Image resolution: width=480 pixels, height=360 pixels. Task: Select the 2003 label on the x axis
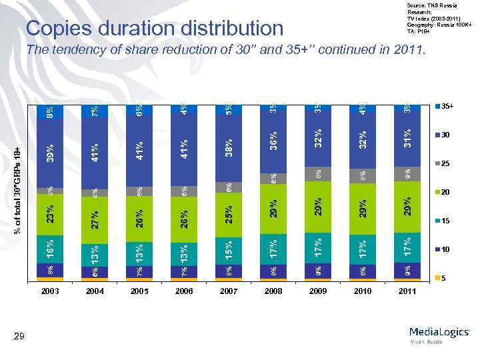(x=50, y=291)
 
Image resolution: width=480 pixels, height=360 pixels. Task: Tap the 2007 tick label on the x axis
(x=228, y=291)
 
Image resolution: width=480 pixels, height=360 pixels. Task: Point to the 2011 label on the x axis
(x=406, y=291)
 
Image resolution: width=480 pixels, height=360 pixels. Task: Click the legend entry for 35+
(x=445, y=106)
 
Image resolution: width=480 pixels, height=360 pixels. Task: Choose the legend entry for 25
(x=445, y=163)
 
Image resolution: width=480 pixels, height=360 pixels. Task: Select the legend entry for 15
(x=445, y=221)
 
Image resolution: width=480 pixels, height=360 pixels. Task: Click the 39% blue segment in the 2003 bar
(x=50, y=152)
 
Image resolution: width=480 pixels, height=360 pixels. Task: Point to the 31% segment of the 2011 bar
(x=406, y=139)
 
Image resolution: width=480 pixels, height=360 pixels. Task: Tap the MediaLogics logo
(x=439, y=333)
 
